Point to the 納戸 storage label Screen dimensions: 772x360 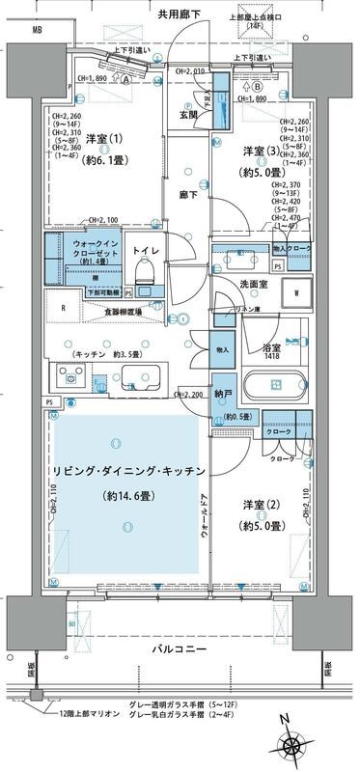coord(222,394)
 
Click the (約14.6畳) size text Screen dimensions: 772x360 coord(128,495)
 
